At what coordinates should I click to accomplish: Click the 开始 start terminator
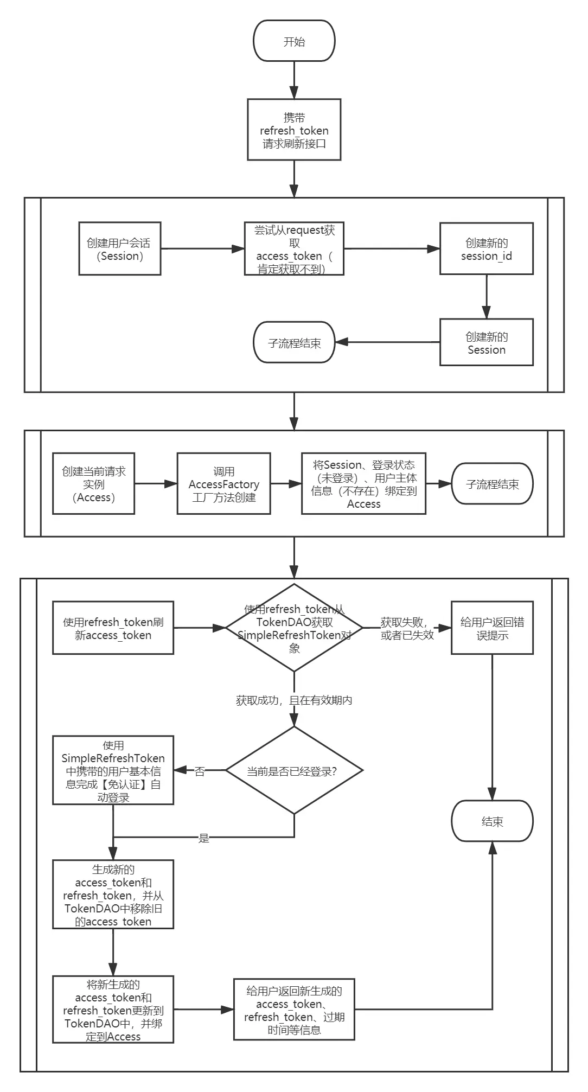click(294, 41)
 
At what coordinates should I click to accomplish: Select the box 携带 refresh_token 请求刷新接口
click(294, 130)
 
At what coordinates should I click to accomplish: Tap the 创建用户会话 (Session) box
click(120, 249)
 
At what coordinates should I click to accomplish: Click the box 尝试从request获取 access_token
click(294, 249)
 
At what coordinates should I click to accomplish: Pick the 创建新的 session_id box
click(486, 249)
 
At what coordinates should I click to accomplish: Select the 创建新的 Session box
click(486, 342)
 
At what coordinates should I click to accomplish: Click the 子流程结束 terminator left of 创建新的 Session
click(294, 343)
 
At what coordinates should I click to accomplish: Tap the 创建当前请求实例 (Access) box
click(93, 484)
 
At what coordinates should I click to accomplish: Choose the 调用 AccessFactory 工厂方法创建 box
click(223, 484)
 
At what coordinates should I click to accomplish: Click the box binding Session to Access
click(363, 484)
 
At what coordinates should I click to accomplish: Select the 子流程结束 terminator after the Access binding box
click(492, 484)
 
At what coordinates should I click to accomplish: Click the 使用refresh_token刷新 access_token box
click(113, 628)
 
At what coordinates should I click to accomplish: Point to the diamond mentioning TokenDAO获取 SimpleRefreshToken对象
click(294, 628)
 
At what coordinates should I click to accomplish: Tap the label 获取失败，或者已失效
click(406, 629)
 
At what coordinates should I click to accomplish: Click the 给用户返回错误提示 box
click(492, 628)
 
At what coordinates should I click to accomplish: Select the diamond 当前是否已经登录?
click(294, 771)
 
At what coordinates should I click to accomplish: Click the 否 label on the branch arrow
click(200, 771)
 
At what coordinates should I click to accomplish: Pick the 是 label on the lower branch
click(203, 838)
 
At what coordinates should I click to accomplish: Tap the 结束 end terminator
click(492, 821)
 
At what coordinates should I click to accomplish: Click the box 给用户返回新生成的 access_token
click(294, 1010)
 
